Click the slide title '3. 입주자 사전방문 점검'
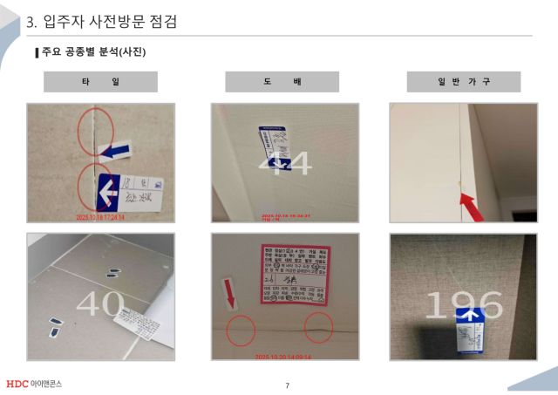(102, 22)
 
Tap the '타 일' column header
(100, 82)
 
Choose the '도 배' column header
(282, 82)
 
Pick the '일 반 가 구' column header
(464, 82)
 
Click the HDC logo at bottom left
(34, 384)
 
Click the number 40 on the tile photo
(99, 303)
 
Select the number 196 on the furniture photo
(464, 305)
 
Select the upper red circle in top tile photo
(92, 128)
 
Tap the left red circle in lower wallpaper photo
(242, 331)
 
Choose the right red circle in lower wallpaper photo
(319, 328)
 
